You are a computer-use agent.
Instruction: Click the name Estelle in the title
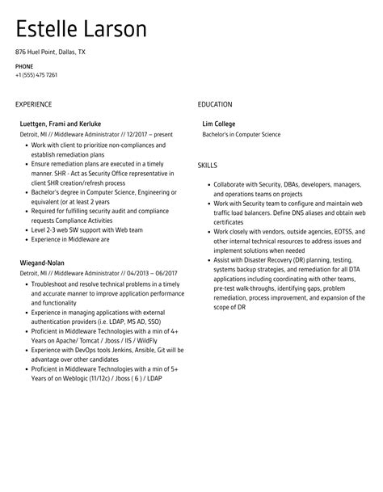pyautogui.click(x=51, y=30)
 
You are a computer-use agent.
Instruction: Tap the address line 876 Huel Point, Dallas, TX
pyautogui.click(x=49, y=52)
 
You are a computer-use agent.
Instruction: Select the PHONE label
pyautogui.click(x=24, y=66)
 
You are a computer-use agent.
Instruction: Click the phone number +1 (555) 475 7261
pyautogui.click(x=36, y=75)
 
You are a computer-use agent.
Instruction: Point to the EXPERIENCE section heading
pyautogui.click(x=33, y=104)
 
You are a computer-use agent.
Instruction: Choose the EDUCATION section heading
pyautogui.click(x=215, y=104)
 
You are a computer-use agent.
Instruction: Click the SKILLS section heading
pyautogui.click(x=207, y=165)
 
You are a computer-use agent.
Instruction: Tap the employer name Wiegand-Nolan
pyautogui.click(x=42, y=263)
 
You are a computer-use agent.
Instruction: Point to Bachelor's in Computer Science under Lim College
pyautogui.click(x=242, y=134)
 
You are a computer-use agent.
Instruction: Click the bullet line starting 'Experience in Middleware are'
pyautogui.click(x=70, y=239)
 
